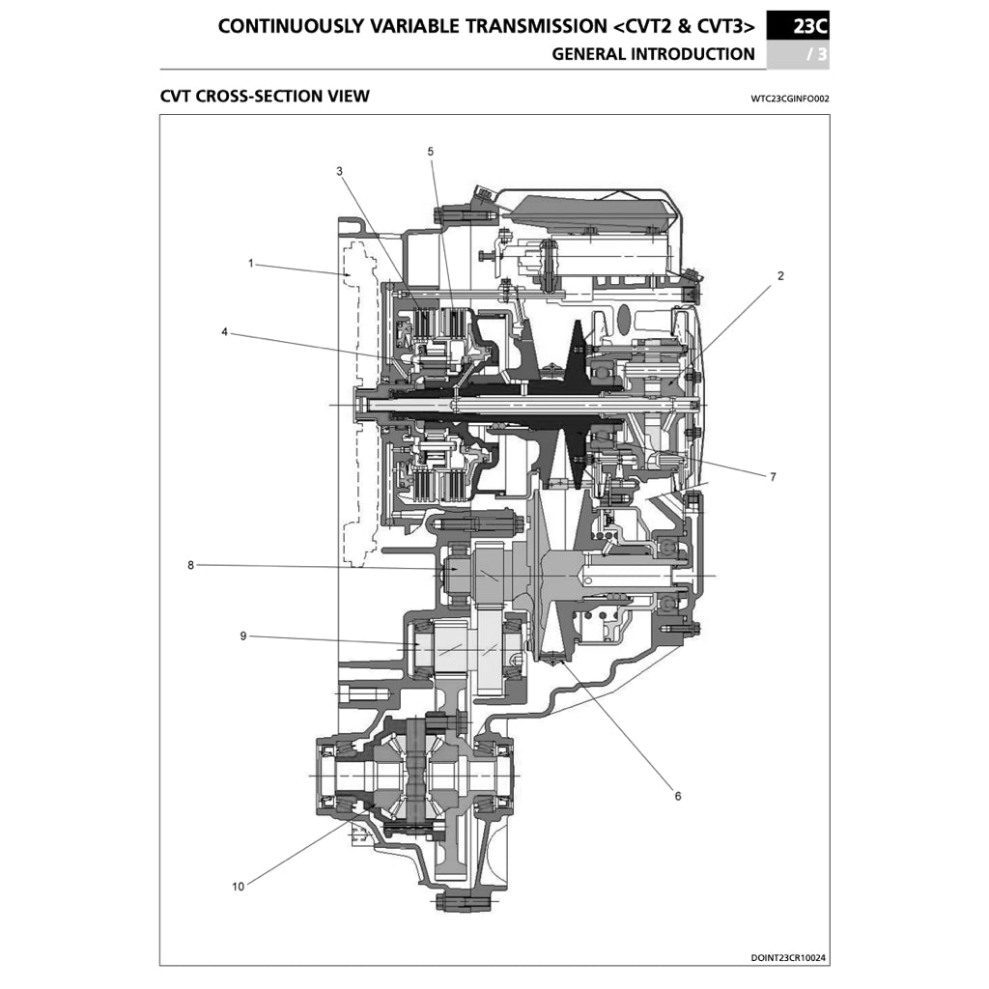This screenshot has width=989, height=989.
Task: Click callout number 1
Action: pos(250,263)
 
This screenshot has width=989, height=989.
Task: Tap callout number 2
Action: pos(780,275)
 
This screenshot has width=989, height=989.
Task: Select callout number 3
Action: pos(339,171)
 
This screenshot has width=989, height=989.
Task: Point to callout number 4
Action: pos(224,332)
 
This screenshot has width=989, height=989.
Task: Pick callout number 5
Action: pos(430,152)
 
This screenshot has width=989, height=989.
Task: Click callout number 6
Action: pos(677,796)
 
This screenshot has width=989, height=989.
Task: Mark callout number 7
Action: pos(773,476)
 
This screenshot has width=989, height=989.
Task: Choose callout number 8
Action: pos(191,565)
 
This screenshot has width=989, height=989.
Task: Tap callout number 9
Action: pos(243,636)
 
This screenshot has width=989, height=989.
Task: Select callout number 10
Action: pos(238,886)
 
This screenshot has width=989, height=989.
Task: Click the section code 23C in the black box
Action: pos(809,26)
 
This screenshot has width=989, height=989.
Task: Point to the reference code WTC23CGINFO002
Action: pos(789,99)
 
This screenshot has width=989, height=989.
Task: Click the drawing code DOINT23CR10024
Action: pos(788,958)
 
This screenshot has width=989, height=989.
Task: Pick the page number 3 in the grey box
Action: pos(821,54)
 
